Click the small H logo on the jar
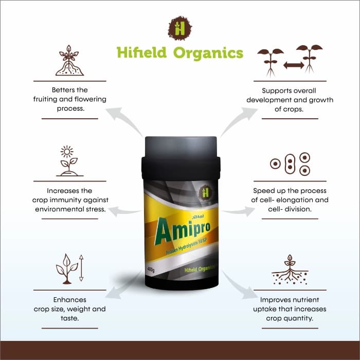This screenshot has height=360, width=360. coord(207,192)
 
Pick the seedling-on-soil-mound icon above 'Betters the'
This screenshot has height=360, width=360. coord(69,61)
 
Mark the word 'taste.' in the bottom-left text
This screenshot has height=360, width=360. coord(69,318)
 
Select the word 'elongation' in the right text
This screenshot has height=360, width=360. coord(307,200)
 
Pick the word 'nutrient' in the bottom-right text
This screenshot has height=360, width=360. coord(310,299)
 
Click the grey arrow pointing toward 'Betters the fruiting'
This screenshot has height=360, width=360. coord(124,118)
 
